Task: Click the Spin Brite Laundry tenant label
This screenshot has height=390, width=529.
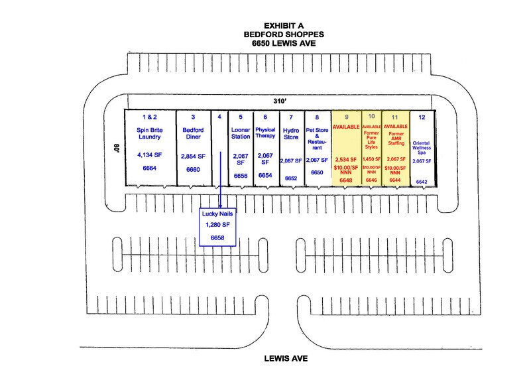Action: (x=149, y=133)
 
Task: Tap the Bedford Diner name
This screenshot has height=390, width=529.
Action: (x=193, y=133)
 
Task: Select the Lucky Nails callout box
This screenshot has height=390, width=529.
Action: (x=217, y=227)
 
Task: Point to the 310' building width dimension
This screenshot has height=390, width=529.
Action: (x=280, y=101)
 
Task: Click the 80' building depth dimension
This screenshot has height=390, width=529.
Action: (x=117, y=148)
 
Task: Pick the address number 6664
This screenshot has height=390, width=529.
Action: (x=149, y=168)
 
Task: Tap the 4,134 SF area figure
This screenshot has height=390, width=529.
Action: (x=149, y=155)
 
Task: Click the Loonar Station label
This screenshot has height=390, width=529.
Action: (x=241, y=133)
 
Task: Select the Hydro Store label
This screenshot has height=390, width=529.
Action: (x=291, y=134)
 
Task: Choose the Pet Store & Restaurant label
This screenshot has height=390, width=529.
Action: (x=317, y=139)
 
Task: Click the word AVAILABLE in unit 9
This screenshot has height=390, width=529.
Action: (x=346, y=127)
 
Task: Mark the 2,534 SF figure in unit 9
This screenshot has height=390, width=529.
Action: (x=346, y=159)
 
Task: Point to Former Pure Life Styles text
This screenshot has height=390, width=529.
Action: (x=371, y=140)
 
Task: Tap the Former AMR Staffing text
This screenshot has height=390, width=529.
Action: (x=396, y=139)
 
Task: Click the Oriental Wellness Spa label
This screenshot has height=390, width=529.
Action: (x=422, y=147)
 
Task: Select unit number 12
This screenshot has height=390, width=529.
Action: (x=422, y=117)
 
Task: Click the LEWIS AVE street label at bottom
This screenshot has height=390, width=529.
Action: (x=286, y=359)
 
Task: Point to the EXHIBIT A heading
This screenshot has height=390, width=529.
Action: (x=284, y=26)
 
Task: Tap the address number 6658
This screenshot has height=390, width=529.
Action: (x=217, y=237)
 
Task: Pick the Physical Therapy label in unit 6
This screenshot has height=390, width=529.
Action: (x=265, y=133)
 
